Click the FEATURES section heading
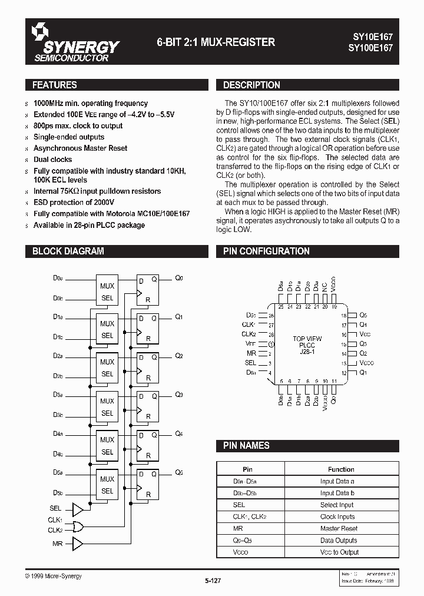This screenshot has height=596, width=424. click(x=55, y=85)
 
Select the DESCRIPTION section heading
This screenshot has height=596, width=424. click(x=251, y=85)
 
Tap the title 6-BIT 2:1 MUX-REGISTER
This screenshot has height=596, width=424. click(x=216, y=42)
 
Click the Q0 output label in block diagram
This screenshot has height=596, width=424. click(x=179, y=278)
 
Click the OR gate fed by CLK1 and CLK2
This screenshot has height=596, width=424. click(x=77, y=525)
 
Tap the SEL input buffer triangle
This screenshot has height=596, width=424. click(x=77, y=508)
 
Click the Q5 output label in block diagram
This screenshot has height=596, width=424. click(x=179, y=472)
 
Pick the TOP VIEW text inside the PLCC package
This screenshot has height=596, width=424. click(x=307, y=339)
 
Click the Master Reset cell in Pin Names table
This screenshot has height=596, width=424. click(x=339, y=529)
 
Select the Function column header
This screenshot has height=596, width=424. click(x=341, y=469)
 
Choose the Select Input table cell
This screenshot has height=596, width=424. click(x=337, y=505)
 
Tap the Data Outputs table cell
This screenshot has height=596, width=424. click(x=339, y=540)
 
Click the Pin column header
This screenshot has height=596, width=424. click(x=247, y=469)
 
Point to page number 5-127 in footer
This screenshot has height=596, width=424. click(x=213, y=581)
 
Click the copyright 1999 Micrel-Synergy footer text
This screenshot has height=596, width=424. click(x=54, y=576)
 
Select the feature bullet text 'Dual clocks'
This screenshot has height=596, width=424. click(x=53, y=160)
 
